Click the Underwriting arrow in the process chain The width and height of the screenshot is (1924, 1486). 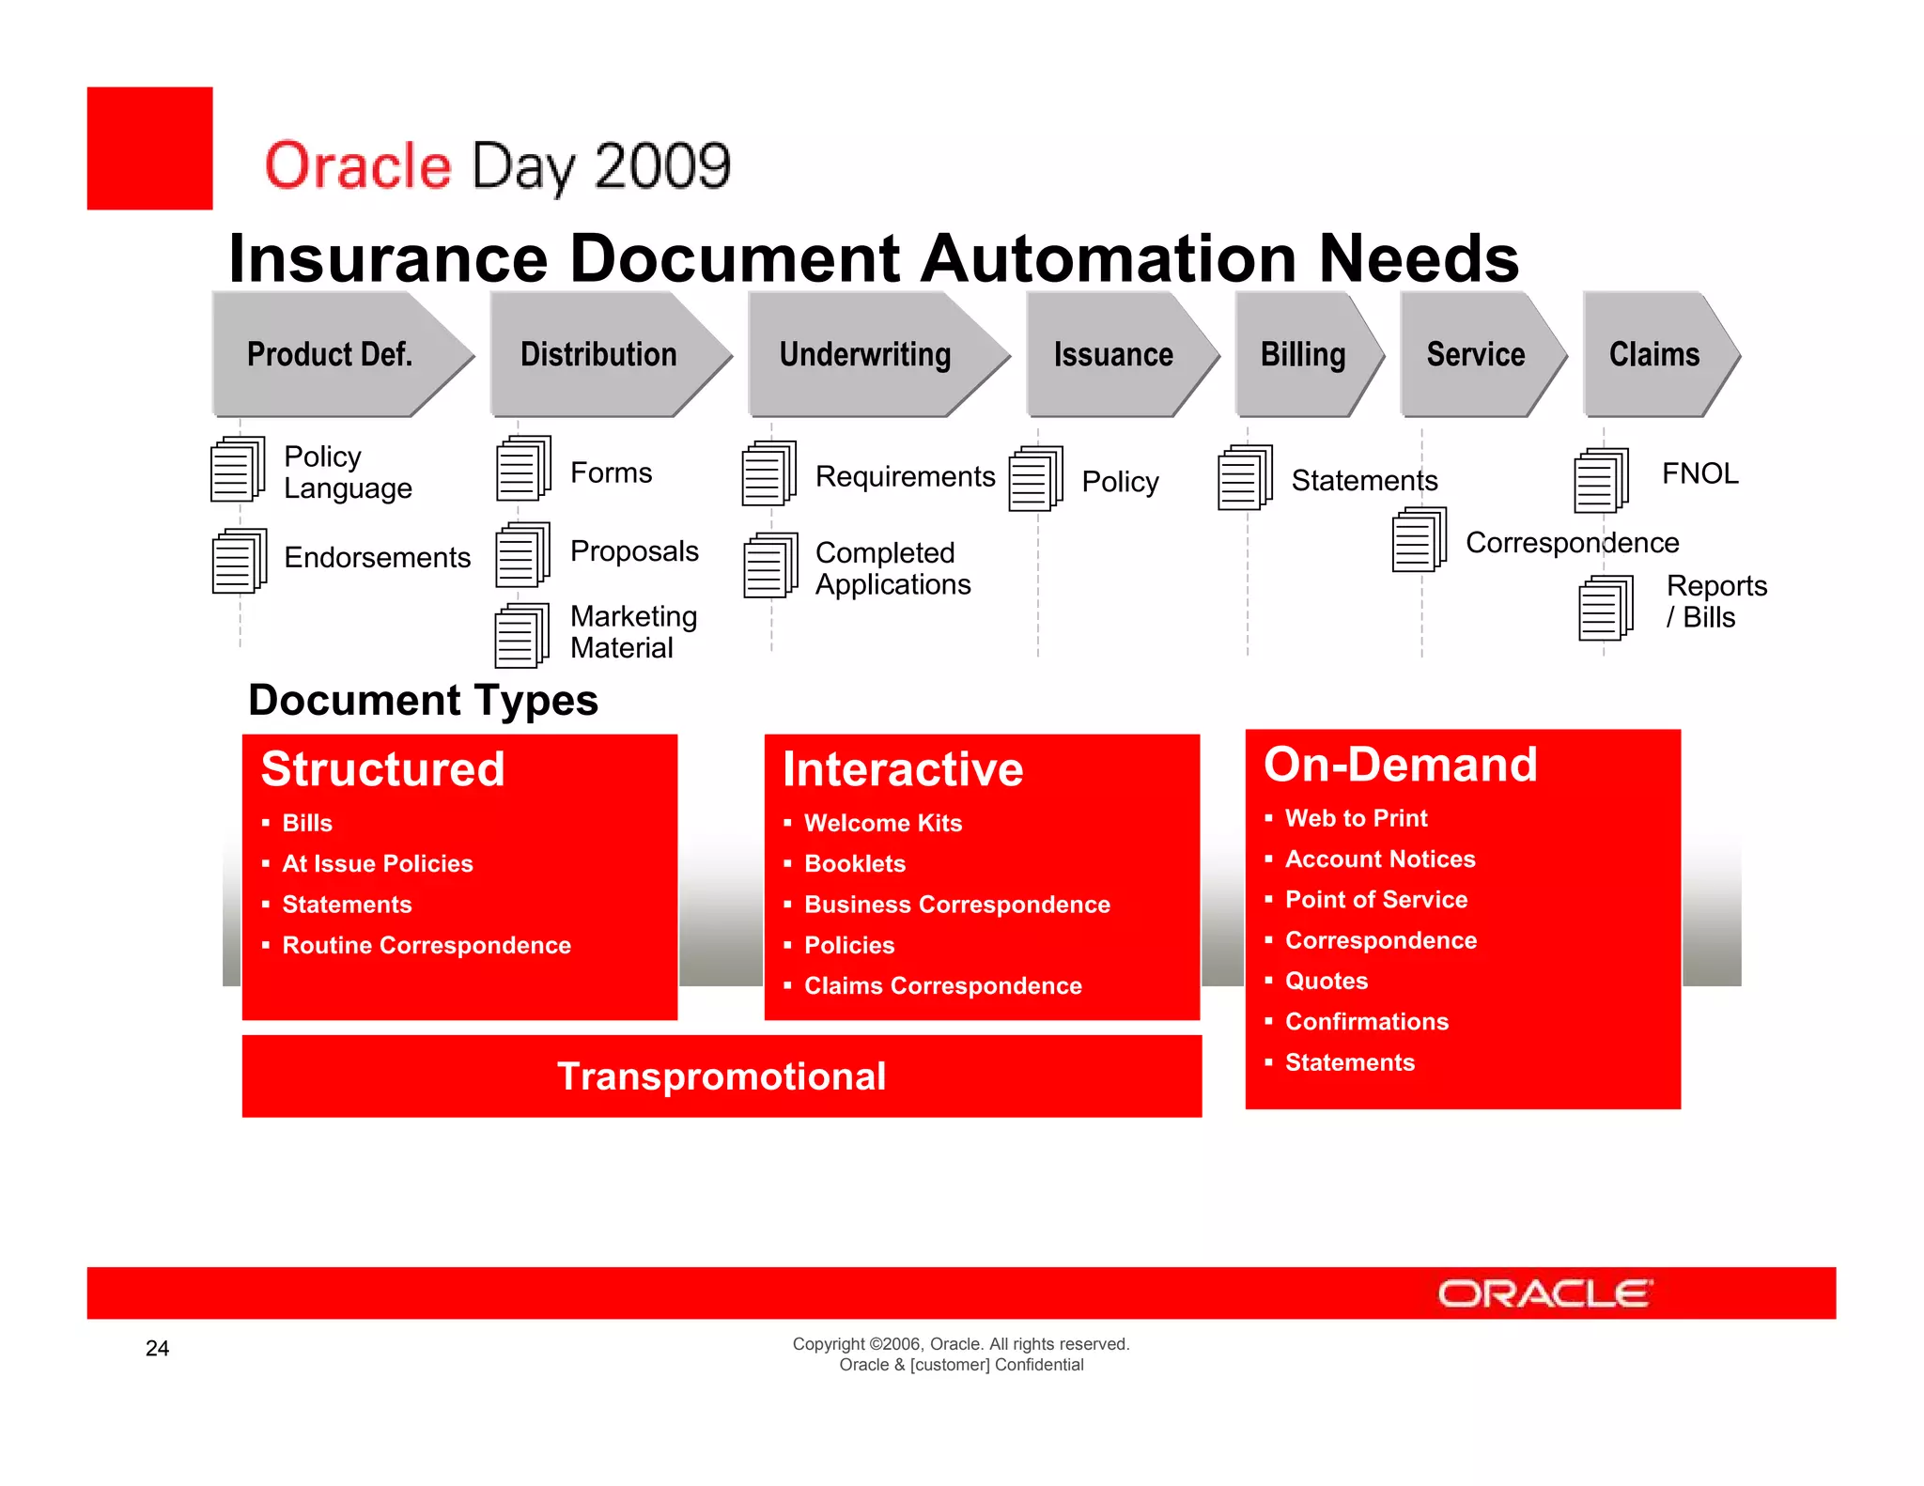(865, 355)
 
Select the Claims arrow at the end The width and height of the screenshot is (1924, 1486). (1654, 355)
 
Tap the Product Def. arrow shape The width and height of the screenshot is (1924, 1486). (330, 355)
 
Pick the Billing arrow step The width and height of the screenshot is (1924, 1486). (1303, 355)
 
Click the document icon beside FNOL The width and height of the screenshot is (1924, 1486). (1601, 481)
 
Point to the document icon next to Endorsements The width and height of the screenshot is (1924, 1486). (240, 561)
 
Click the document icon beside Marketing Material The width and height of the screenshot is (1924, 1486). (522, 636)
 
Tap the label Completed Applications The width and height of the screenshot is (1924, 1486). (892, 568)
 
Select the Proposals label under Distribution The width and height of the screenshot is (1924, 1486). (634, 551)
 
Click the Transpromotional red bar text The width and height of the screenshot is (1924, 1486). (721, 1076)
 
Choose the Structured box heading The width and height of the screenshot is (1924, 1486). (383, 769)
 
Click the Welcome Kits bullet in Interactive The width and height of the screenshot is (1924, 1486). (883, 824)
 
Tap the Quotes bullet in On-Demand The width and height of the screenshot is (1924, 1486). (1326, 982)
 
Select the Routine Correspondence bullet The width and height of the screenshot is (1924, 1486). (427, 946)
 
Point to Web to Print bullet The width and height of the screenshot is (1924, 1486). (1356, 819)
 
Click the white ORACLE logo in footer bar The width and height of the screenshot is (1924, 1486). (1544, 1294)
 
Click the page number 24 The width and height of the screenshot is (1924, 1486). (158, 1349)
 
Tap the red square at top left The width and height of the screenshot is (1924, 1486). (150, 148)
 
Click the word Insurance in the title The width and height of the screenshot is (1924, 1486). (388, 258)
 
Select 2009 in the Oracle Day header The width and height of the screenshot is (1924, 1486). (662, 167)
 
